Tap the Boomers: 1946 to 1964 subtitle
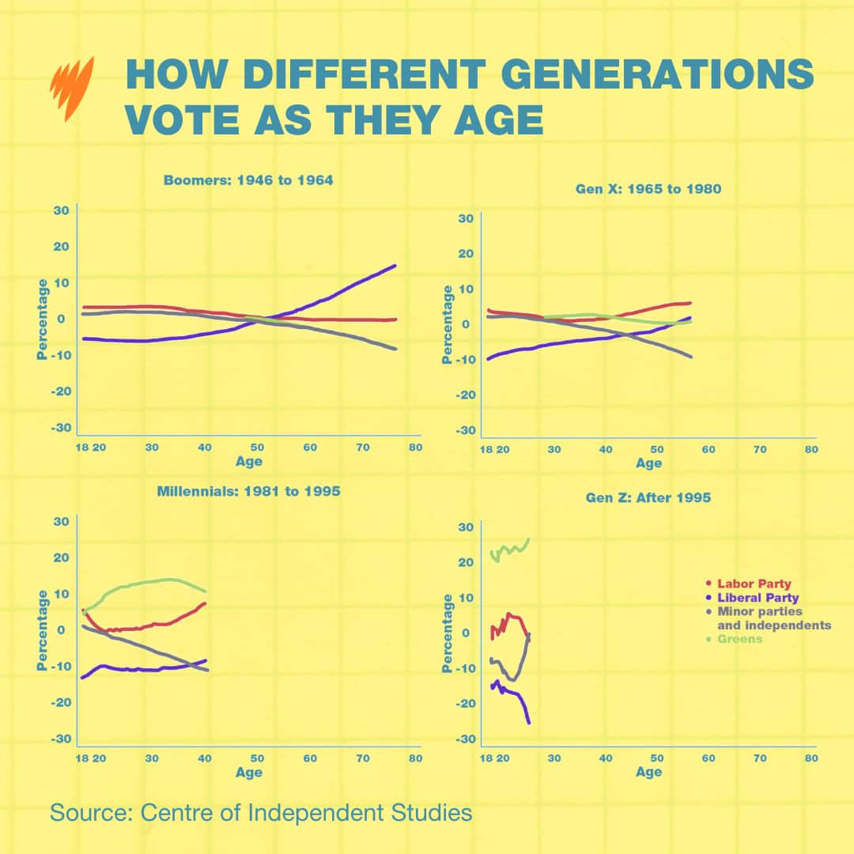coord(248,180)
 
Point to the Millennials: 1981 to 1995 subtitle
coord(248,491)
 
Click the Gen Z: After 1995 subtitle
coord(648,498)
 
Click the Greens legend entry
coord(739,639)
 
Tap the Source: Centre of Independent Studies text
coord(261,812)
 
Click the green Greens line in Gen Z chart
coord(510,549)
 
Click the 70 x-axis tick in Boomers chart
coord(362,448)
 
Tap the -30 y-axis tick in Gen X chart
coord(466,430)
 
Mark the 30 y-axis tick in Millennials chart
coord(60,521)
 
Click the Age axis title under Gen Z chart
coord(648,772)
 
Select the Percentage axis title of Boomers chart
coord(43,319)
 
